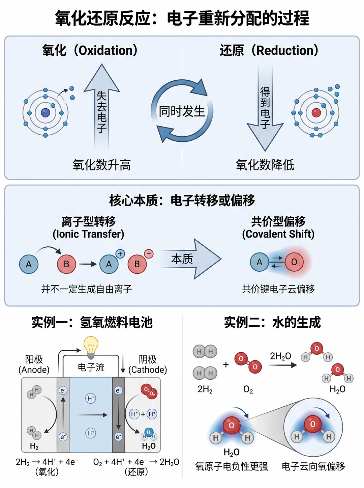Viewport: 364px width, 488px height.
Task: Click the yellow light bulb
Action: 91,347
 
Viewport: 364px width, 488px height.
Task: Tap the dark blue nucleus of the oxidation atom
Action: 45,113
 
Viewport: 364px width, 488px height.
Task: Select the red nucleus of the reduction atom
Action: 316,112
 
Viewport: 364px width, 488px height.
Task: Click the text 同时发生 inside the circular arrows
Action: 182,111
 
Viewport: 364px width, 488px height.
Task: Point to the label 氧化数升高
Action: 102,165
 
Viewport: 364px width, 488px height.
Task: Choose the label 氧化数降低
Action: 265,165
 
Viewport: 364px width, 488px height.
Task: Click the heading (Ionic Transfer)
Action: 88,234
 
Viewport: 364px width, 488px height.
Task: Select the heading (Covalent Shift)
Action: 278,234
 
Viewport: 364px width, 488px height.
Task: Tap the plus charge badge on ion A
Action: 120,254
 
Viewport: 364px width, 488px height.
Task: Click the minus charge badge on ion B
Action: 149,254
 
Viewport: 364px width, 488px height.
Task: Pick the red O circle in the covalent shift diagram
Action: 294,262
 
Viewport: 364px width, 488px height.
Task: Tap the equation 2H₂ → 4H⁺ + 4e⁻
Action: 47,462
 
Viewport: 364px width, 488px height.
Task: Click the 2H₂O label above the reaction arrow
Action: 280,356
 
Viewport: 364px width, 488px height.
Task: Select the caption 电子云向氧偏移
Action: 313,466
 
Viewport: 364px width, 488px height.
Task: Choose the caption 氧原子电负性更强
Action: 232,466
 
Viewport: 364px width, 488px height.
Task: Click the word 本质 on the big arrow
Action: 182,259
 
